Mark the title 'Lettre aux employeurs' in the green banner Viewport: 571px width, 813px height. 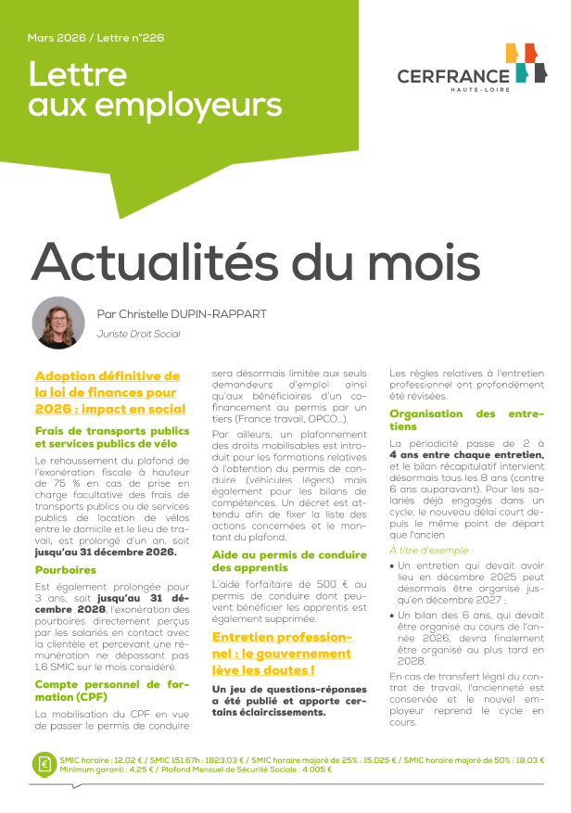155,91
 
